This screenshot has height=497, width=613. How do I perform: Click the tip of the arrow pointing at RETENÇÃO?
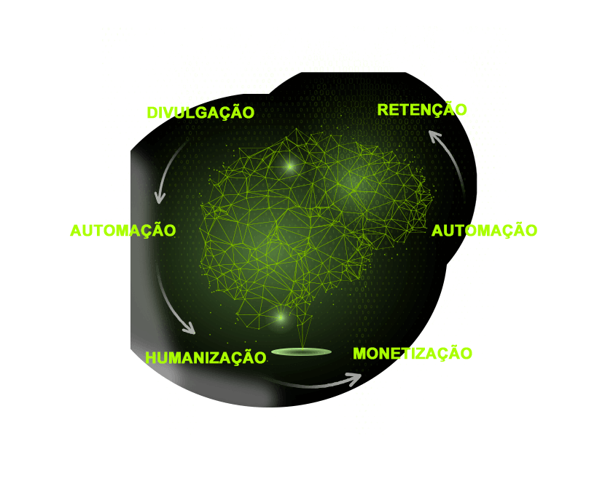[x=429, y=132]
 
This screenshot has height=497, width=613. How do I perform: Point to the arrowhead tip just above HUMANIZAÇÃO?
[x=195, y=333]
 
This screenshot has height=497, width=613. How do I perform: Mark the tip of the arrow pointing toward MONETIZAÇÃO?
[x=361, y=375]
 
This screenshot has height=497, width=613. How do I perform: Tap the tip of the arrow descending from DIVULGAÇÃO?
[x=159, y=203]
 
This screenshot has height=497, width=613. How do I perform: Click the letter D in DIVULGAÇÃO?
[x=152, y=113]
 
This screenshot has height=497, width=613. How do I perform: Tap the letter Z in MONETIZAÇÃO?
[x=421, y=354]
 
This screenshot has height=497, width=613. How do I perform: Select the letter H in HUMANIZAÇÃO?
[x=151, y=358]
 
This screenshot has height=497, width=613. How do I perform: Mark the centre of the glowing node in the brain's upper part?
[x=290, y=167]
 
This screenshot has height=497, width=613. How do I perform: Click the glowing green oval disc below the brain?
[x=302, y=351]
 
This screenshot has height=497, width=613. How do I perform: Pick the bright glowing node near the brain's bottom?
[x=281, y=318]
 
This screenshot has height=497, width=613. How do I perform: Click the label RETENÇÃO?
[x=422, y=109]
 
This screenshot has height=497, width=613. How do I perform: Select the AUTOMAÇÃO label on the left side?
[x=122, y=231]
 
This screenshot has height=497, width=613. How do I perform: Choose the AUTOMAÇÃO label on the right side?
[x=485, y=231]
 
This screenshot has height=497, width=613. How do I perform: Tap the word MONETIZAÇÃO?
[x=413, y=354]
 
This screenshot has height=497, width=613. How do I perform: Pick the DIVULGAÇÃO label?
[x=201, y=113]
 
